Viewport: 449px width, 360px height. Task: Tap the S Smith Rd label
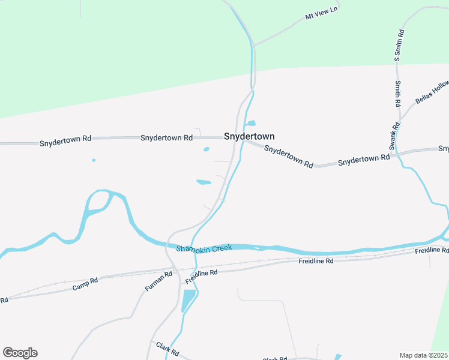click(397, 45)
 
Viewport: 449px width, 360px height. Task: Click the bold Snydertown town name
click(249, 137)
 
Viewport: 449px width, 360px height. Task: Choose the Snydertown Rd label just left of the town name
click(166, 137)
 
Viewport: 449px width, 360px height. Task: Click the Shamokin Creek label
click(204, 248)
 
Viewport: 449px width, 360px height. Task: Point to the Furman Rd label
click(158, 281)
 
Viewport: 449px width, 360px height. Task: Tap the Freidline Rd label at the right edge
click(432, 250)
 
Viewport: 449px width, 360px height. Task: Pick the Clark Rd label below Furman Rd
click(167, 349)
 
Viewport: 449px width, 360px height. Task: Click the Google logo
click(20, 353)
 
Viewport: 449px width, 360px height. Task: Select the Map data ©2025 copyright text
click(423, 355)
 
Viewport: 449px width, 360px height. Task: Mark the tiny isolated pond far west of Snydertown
click(94, 160)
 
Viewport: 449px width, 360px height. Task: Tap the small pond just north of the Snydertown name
click(250, 123)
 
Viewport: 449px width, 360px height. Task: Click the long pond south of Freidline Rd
click(188, 300)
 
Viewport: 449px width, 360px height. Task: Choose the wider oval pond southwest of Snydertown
click(203, 182)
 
